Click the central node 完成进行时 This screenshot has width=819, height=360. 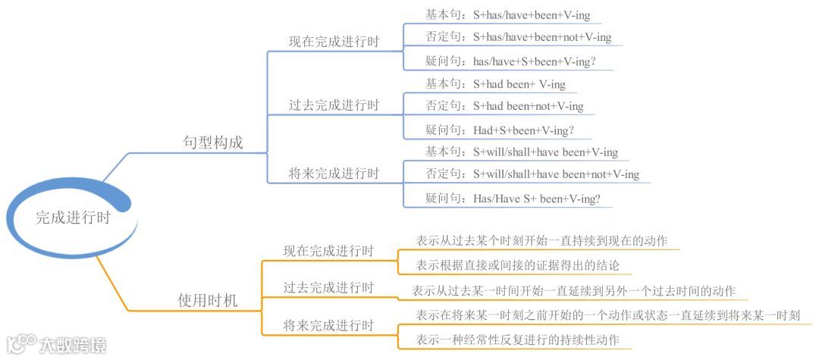(x=73, y=218)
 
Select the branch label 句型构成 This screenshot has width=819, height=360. (x=213, y=142)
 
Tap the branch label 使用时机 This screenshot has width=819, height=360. (x=207, y=301)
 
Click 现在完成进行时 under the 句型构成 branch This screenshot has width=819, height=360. (x=334, y=42)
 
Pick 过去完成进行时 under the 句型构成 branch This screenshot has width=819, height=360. (x=334, y=105)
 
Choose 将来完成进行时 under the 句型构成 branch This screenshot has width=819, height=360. (x=334, y=174)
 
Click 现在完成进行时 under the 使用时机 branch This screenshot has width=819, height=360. (x=328, y=250)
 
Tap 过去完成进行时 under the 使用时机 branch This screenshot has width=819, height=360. (x=328, y=287)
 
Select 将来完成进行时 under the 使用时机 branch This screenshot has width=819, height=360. (x=328, y=325)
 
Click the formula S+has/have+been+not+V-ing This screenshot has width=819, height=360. (x=541, y=37)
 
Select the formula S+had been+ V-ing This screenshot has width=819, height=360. (x=519, y=84)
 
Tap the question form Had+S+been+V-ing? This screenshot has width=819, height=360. (x=522, y=130)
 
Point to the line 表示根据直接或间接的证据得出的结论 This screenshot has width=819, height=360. (x=518, y=265)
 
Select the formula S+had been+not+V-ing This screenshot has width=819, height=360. (x=528, y=106)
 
